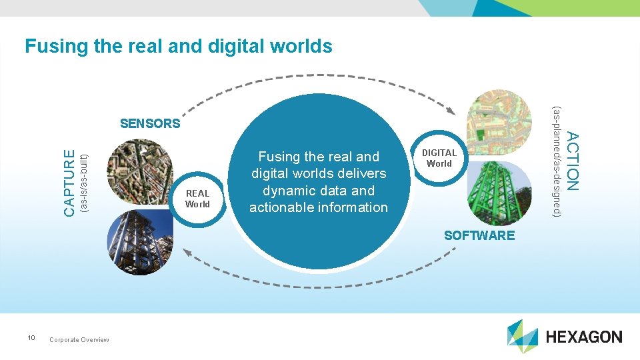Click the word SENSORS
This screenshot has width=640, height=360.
[x=150, y=123]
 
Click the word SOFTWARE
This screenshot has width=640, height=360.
[x=479, y=235]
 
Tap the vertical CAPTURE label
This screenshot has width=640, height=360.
[x=69, y=182]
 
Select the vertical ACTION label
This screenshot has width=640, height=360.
[x=572, y=160]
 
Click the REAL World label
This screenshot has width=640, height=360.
[x=197, y=199]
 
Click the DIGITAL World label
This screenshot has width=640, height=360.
[x=439, y=158]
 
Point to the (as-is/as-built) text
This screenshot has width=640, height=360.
[x=83, y=183]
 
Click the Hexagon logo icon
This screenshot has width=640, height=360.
[x=522, y=336]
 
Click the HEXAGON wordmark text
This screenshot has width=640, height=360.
[x=584, y=337]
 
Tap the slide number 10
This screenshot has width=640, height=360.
[x=31, y=338]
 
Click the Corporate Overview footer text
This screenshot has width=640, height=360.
[x=79, y=340]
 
